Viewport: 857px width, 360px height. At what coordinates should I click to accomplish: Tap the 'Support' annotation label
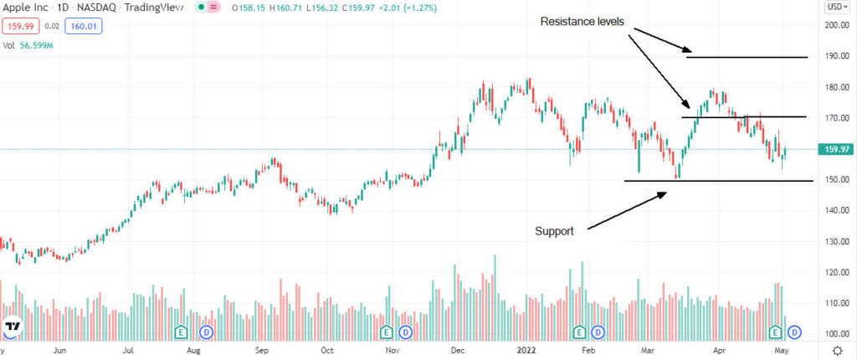click(555, 230)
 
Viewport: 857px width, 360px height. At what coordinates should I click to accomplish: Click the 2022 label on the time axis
click(526, 352)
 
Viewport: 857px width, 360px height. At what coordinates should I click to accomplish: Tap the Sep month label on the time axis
click(261, 352)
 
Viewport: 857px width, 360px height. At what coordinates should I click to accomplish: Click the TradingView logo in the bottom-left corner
click(13, 327)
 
